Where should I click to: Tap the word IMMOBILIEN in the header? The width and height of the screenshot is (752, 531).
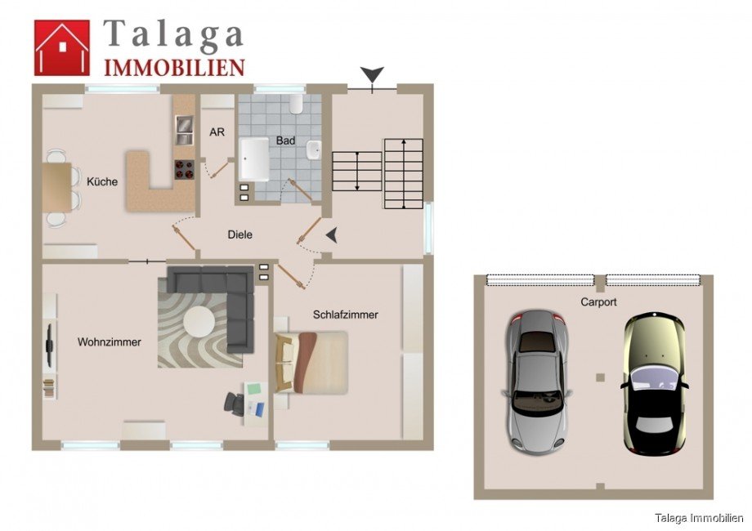(173, 67)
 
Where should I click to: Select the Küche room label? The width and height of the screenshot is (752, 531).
(102, 182)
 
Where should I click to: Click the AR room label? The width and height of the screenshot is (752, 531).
(217, 132)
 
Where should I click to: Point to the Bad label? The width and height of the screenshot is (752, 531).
(285, 141)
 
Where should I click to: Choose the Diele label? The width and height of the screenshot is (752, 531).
(240, 234)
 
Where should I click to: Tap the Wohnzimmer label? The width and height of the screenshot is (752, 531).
(110, 342)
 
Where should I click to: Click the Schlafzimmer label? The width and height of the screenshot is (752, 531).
(345, 315)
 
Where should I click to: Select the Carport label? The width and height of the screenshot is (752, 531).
(598, 301)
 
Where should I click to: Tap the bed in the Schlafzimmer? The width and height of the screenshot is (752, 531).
(315, 361)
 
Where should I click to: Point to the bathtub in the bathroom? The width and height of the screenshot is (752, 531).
(253, 158)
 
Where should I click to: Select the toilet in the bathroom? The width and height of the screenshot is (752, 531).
(297, 103)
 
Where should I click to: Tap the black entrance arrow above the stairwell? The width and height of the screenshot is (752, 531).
(373, 76)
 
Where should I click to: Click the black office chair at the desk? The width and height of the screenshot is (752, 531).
(235, 402)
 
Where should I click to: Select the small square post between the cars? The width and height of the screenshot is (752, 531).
(600, 377)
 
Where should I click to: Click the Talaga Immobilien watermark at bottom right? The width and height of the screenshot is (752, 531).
(700, 517)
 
